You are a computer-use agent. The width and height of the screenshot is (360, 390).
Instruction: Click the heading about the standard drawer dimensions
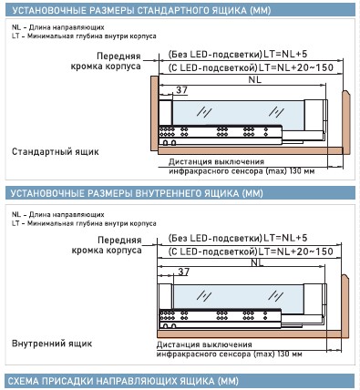pyautogui.click(x=141, y=10)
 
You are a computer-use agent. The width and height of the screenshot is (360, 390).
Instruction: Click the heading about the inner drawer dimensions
pyautogui.click(x=137, y=193)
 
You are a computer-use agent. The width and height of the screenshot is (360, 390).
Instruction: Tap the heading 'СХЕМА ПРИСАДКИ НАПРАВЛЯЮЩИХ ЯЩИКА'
pyautogui.click(x=123, y=381)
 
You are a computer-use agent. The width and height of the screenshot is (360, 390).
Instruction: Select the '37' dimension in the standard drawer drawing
pyautogui.click(x=181, y=90)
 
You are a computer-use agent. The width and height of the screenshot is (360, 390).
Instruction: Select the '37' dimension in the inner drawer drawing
pyautogui.click(x=183, y=272)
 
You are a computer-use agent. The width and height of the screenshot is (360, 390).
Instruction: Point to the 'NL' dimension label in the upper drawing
pyautogui.click(x=254, y=79)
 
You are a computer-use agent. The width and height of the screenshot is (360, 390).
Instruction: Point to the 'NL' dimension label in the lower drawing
pyautogui.click(x=257, y=262)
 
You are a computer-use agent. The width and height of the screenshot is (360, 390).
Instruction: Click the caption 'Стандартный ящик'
pyautogui.click(x=56, y=151)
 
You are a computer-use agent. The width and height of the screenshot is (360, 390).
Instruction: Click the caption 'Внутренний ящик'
pyautogui.click(x=52, y=344)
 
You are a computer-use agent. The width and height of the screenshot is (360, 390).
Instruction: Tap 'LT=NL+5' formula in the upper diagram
pyautogui.click(x=285, y=54)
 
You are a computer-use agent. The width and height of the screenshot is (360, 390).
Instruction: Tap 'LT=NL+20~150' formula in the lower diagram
pyautogui.click(x=295, y=251)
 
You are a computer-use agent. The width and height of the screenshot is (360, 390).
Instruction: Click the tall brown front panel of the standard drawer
pyautogui.click(x=154, y=113)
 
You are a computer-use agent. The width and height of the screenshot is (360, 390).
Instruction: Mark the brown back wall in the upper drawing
pyautogui.click(x=346, y=122)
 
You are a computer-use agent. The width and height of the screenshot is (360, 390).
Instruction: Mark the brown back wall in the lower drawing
pyautogui.click(x=345, y=306)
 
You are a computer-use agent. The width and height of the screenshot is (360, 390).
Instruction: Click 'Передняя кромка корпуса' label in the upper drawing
pyautogui.click(x=106, y=61)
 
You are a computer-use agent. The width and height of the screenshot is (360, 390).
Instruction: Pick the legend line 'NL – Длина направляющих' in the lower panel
pyautogui.click(x=58, y=214)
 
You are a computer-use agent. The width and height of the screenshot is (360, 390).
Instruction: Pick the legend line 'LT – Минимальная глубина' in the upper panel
pyautogui.click(x=84, y=36)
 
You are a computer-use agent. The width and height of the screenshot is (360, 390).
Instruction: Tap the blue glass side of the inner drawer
pyautogui.click(x=238, y=299)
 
